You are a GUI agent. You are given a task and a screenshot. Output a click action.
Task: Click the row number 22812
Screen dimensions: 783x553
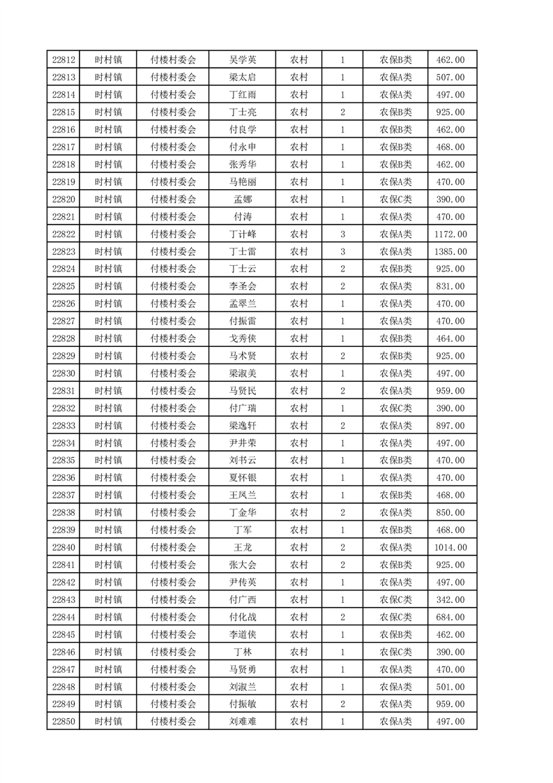[x=63, y=60]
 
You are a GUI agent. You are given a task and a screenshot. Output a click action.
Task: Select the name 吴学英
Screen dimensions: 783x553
[x=243, y=60]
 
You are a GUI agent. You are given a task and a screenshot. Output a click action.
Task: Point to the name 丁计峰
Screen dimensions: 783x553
[x=243, y=234]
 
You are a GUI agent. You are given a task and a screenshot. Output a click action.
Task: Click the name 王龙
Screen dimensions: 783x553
[x=243, y=547]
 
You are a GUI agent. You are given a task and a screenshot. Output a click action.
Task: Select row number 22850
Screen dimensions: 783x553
[x=63, y=721]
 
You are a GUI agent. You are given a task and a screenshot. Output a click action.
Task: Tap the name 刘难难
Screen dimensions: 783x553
[x=243, y=721]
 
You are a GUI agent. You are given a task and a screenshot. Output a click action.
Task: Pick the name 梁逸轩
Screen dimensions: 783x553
[x=243, y=426]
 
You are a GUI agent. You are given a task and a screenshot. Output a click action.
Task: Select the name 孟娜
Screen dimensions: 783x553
[x=243, y=199]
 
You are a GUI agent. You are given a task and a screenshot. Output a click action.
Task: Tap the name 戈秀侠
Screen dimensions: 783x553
[x=243, y=338]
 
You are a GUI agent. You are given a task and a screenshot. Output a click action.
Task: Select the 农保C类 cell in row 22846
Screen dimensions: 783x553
[x=395, y=652]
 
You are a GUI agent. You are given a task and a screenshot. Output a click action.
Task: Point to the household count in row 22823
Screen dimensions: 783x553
[x=342, y=251]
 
